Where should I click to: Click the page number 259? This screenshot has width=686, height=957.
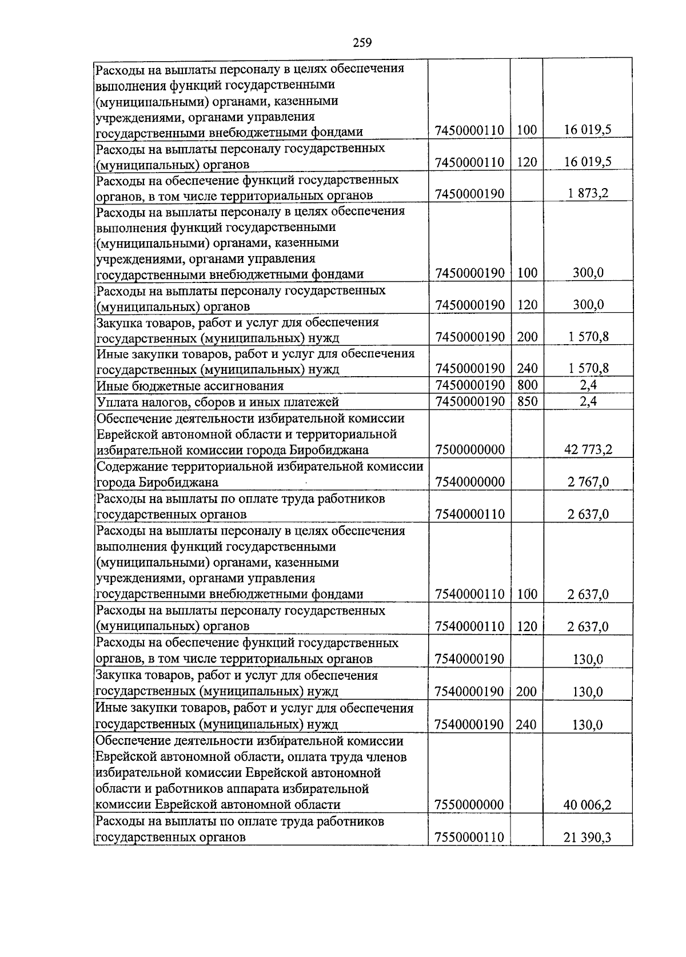pos(362,42)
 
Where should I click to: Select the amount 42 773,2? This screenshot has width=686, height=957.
pos(588,450)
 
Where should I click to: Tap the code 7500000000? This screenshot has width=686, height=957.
pos(469,450)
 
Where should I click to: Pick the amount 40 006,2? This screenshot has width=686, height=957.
pos(587,806)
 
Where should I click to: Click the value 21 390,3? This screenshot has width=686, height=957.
pos(587,838)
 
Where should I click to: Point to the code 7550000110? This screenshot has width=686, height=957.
pos(469,838)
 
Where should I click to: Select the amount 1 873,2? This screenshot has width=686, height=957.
pos(588,193)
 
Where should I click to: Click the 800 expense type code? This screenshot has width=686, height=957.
pos(527,385)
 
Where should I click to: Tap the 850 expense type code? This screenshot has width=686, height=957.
pos(527,401)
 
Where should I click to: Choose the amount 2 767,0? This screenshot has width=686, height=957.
pos(588,483)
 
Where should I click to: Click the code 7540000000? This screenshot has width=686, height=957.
pos(469,483)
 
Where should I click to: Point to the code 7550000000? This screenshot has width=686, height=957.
pos(469,806)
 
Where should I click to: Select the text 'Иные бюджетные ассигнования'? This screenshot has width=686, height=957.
pos(190,386)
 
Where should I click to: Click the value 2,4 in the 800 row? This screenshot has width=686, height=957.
pos(588,385)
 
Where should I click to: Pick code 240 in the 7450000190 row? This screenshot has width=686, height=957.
pos(527,368)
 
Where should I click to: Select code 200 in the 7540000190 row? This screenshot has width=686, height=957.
pos(526,692)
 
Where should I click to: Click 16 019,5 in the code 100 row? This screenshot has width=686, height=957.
pos(588,130)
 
